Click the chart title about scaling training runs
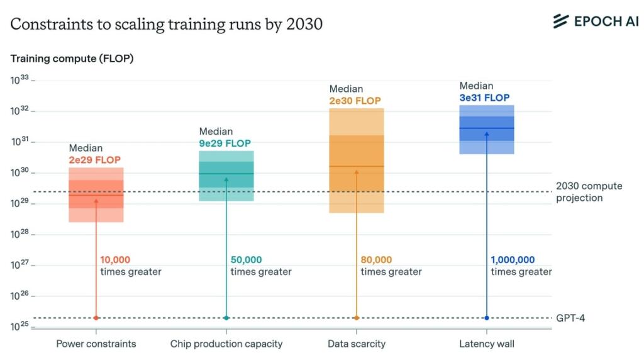click(166, 24)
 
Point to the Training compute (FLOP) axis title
click(72, 59)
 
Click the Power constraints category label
click(96, 344)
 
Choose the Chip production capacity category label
click(226, 344)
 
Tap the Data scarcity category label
click(357, 344)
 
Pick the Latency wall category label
click(487, 344)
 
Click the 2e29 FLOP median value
click(94, 160)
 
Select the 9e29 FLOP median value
click(225, 143)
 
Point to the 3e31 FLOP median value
click(484, 98)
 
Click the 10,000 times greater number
click(115, 260)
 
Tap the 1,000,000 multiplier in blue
click(513, 260)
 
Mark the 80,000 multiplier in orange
click(376, 260)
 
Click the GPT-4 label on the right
click(570, 318)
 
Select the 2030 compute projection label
click(589, 192)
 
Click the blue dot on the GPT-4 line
click(486, 318)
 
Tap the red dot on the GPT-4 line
click(96, 318)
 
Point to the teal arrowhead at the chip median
click(226, 178)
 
